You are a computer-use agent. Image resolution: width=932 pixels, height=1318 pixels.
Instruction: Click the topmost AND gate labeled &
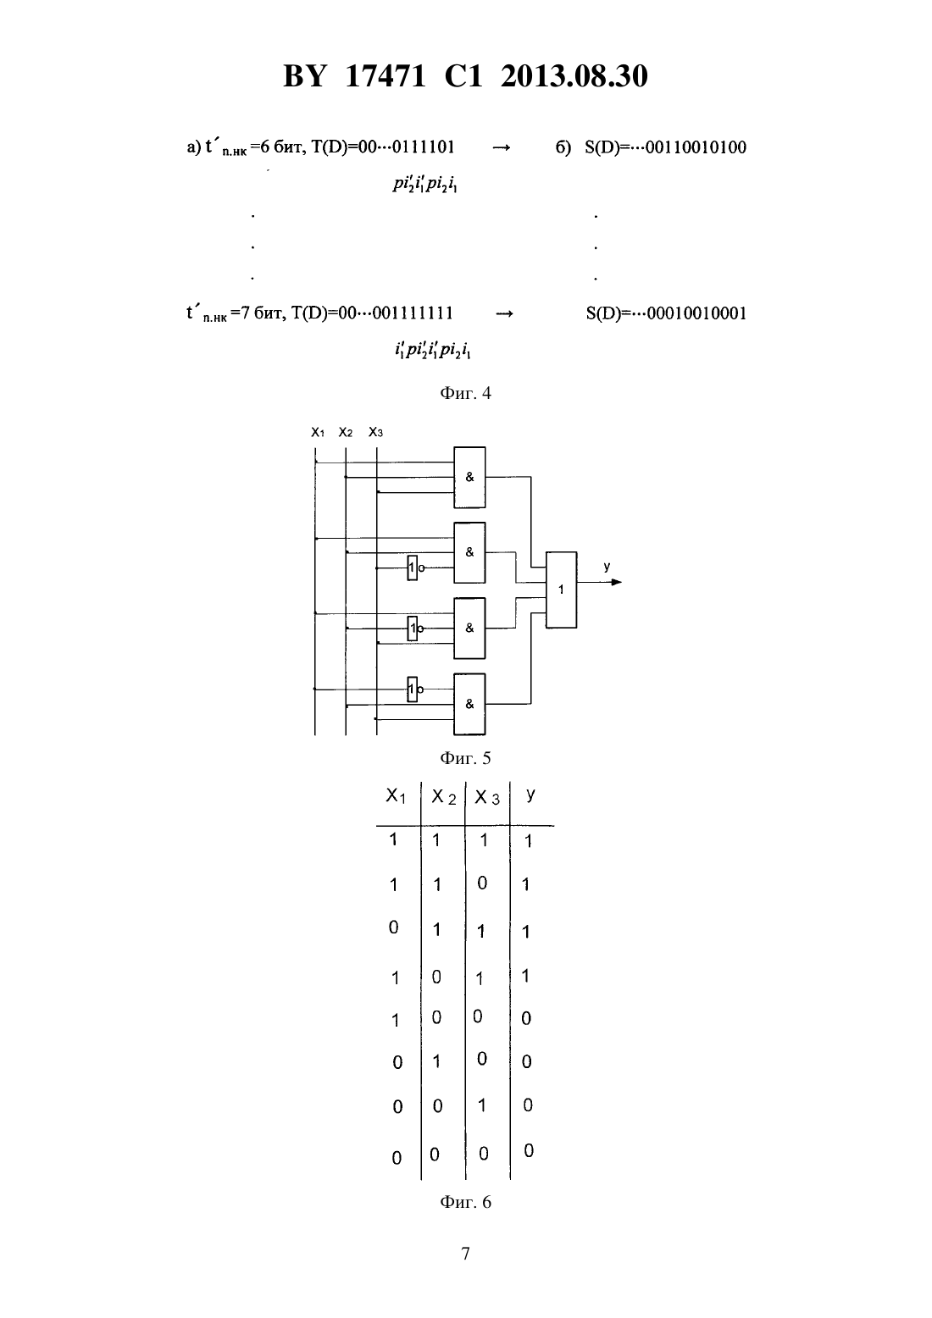469,477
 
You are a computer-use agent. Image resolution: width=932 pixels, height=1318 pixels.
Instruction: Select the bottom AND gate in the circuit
469,704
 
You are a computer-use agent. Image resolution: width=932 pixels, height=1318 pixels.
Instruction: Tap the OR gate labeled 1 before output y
561,590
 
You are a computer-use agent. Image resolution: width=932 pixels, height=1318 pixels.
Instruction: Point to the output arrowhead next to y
617,582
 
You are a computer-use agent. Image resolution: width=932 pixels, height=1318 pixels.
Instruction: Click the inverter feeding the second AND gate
414,568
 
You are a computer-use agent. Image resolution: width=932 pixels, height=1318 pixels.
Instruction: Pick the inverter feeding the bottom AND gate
414,689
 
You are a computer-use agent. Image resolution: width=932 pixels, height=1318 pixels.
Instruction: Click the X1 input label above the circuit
318,433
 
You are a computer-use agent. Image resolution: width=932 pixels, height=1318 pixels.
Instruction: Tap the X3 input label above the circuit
375,433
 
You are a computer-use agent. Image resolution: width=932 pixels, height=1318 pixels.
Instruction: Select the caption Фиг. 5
465,758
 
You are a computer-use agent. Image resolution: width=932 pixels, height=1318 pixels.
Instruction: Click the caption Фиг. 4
465,393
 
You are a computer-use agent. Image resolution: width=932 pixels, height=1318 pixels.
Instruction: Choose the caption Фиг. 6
465,1201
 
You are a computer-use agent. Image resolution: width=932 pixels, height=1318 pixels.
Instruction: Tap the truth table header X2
444,797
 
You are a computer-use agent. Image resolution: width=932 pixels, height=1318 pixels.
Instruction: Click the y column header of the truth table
530,795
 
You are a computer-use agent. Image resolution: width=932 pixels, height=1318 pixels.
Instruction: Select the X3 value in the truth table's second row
482,883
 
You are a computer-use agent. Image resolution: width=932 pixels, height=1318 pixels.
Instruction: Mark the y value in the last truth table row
529,1150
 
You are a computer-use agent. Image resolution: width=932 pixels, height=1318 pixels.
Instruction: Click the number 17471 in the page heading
385,76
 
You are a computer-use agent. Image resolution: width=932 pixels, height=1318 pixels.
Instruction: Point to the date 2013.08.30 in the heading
574,76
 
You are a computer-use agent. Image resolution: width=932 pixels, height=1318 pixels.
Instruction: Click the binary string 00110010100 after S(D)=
696,147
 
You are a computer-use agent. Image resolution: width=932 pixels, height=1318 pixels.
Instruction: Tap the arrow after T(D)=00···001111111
505,313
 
